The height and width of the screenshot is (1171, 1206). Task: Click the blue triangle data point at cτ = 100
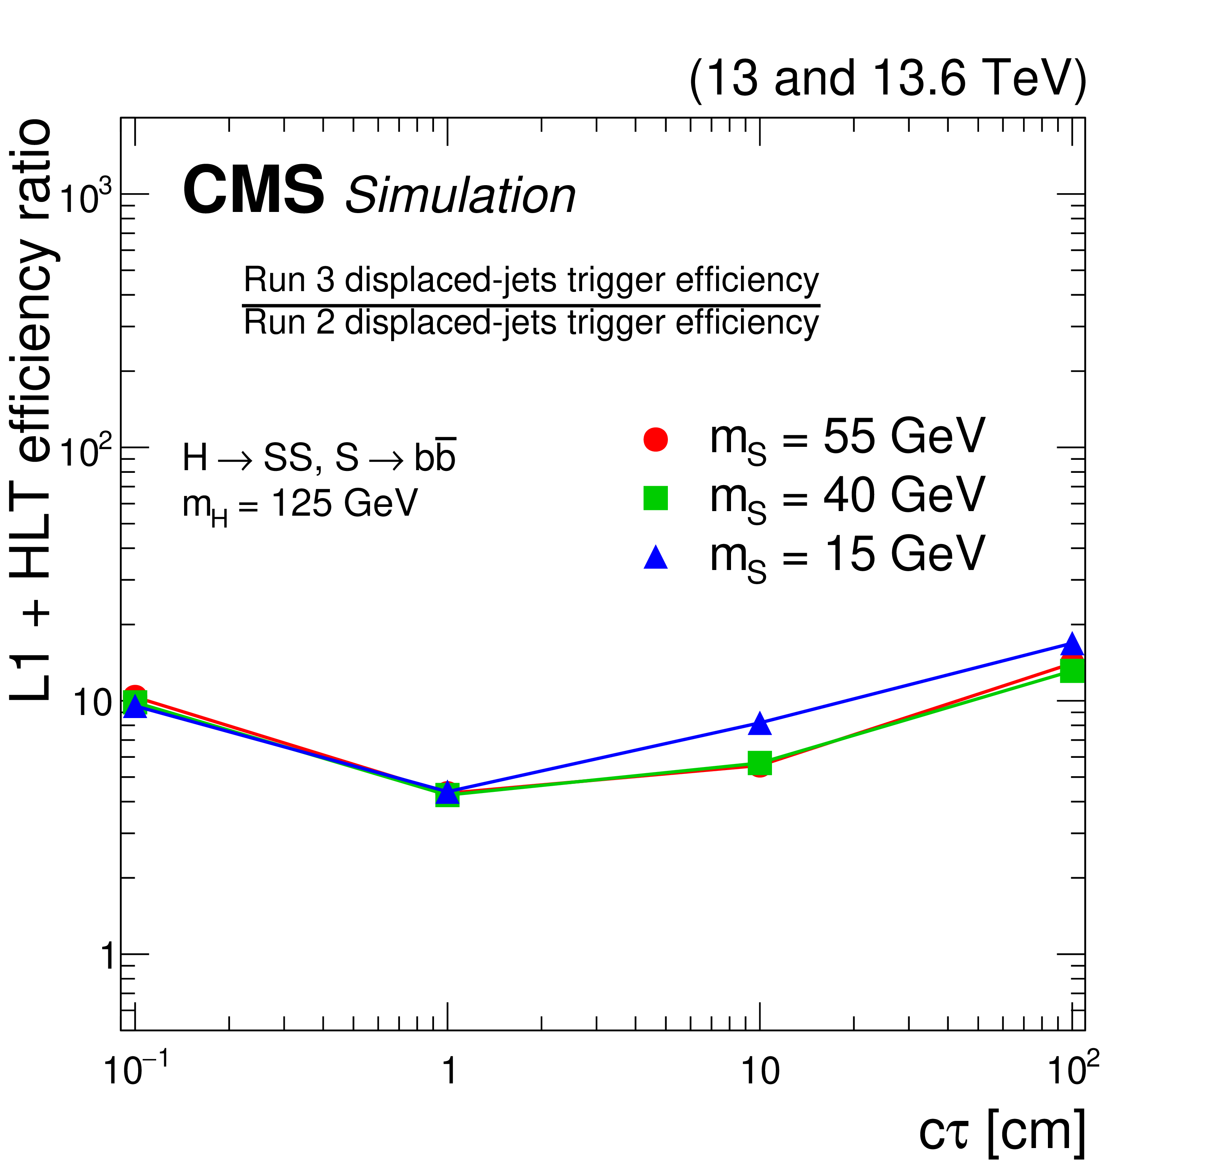tap(1072, 644)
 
